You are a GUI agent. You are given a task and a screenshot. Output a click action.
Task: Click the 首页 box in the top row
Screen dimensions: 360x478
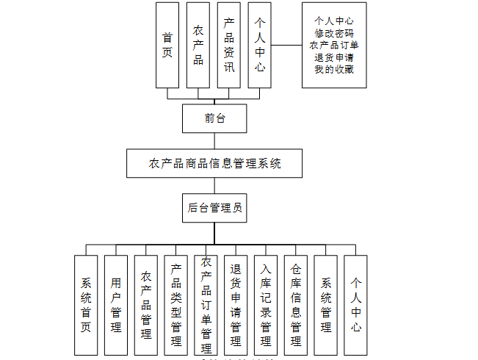[167, 45]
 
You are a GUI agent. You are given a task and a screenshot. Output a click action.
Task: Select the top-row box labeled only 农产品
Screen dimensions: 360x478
[198, 45]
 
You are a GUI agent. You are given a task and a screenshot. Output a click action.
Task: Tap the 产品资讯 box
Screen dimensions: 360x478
[229, 45]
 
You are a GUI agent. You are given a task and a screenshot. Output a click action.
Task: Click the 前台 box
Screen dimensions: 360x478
[214, 118]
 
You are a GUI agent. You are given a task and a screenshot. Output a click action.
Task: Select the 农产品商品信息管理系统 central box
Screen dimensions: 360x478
[214, 163]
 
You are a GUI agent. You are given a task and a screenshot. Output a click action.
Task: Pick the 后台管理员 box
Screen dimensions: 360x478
[214, 208]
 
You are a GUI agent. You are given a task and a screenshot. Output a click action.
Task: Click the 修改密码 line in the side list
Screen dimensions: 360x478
[334, 33]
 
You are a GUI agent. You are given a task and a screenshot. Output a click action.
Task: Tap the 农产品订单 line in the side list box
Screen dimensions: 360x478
[334, 46]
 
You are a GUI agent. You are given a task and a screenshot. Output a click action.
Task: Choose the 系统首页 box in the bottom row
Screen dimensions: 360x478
[86, 305]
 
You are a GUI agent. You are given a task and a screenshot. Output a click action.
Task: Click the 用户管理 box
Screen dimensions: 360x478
[116, 305]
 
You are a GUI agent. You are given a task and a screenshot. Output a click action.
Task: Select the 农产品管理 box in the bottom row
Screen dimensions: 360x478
[146, 305]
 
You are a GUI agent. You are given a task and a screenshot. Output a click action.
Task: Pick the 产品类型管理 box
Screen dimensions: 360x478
[176, 305]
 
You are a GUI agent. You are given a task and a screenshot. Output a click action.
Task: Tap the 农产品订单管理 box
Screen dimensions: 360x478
[206, 305]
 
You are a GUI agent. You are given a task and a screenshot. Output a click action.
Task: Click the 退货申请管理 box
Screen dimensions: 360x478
[236, 305]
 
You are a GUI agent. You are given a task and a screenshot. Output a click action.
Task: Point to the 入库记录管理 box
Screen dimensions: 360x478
[266, 305]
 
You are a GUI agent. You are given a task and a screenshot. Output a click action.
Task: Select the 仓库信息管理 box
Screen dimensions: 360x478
[296, 305]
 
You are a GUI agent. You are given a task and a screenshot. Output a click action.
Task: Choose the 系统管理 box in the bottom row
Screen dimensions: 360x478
[326, 305]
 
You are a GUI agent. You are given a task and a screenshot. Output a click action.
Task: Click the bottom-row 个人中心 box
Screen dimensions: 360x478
[355, 305]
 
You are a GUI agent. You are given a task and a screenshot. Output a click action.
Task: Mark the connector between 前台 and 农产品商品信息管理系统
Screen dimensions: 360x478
[214, 140]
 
